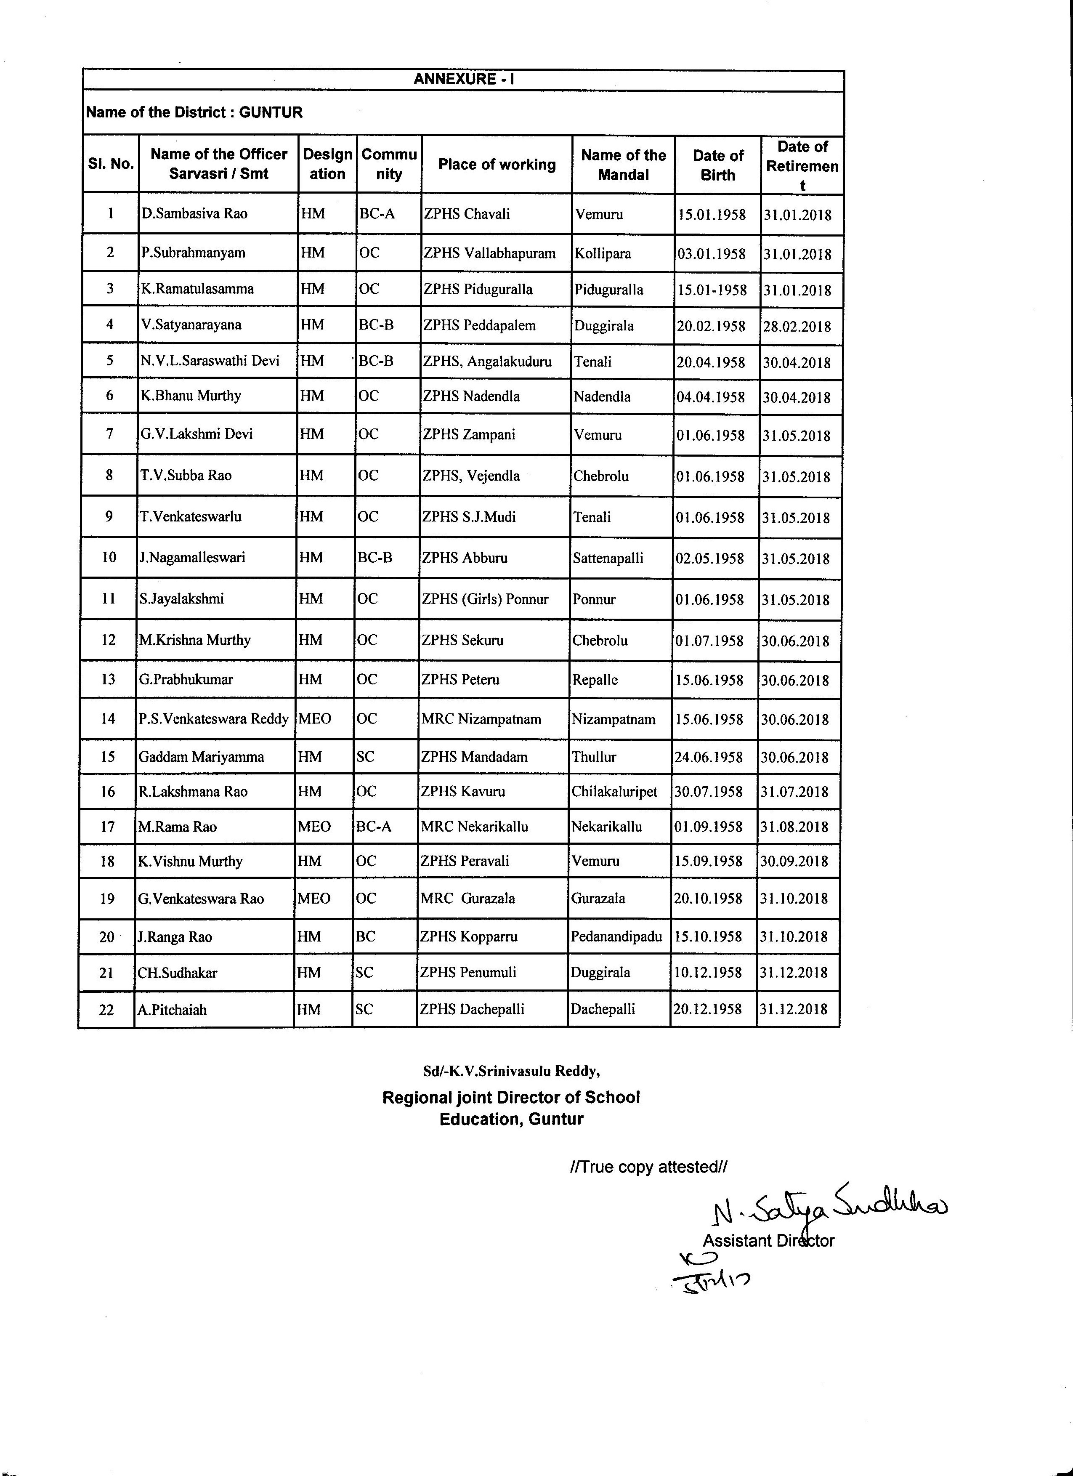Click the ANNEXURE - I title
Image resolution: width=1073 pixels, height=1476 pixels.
[x=464, y=80]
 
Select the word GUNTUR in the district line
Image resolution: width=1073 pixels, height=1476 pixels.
[x=271, y=113]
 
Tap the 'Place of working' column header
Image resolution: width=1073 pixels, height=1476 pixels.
[x=497, y=165]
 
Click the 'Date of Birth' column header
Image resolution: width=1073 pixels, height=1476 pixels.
[x=718, y=165]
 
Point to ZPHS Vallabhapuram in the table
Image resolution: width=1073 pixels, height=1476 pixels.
[x=489, y=253]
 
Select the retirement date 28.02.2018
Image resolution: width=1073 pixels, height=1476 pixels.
[x=797, y=327]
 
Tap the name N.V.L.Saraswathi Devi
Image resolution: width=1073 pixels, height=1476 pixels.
[x=210, y=361]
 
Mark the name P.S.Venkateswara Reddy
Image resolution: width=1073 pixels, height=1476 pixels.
[x=213, y=719]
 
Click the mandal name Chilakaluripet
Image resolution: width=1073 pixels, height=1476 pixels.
[x=614, y=792]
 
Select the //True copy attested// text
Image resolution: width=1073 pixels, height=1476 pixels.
[x=648, y=1167]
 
